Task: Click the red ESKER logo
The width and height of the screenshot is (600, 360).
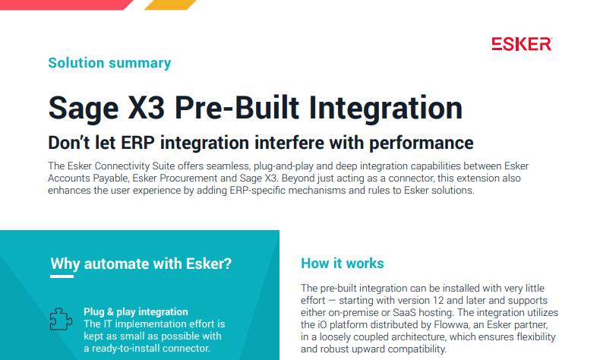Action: pos(521,44)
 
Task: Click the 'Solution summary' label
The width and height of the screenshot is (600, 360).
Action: pos(109,63)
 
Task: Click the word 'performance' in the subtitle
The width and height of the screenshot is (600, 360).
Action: pos(422,143)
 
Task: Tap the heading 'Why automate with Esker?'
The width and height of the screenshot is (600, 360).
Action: pos(141,264)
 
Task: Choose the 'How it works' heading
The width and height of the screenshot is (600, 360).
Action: pos(343,264)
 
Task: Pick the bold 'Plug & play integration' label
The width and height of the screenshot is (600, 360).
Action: pos(136,311)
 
